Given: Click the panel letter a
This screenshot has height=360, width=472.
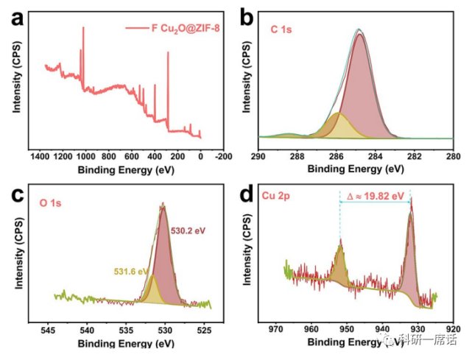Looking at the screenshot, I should pos(16,18).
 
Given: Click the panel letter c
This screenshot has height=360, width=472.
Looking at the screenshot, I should pos(16,196).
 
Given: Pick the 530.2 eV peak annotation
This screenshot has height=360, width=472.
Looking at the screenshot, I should pos(189,230).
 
